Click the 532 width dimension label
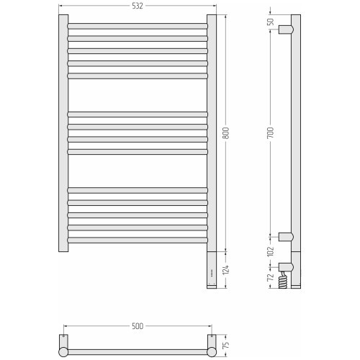(x=138, y=6)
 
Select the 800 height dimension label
(x=226, y=133)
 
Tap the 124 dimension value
(x=226, y=270)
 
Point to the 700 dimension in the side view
(x=271, y=132)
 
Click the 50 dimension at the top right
(x=271, y=22)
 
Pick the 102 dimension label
(x=271, y=251)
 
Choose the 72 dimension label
(x=271, y=276)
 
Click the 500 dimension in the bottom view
(x=138, y=326)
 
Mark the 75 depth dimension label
(x=226, y=345)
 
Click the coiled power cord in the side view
(x=283, y=279)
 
